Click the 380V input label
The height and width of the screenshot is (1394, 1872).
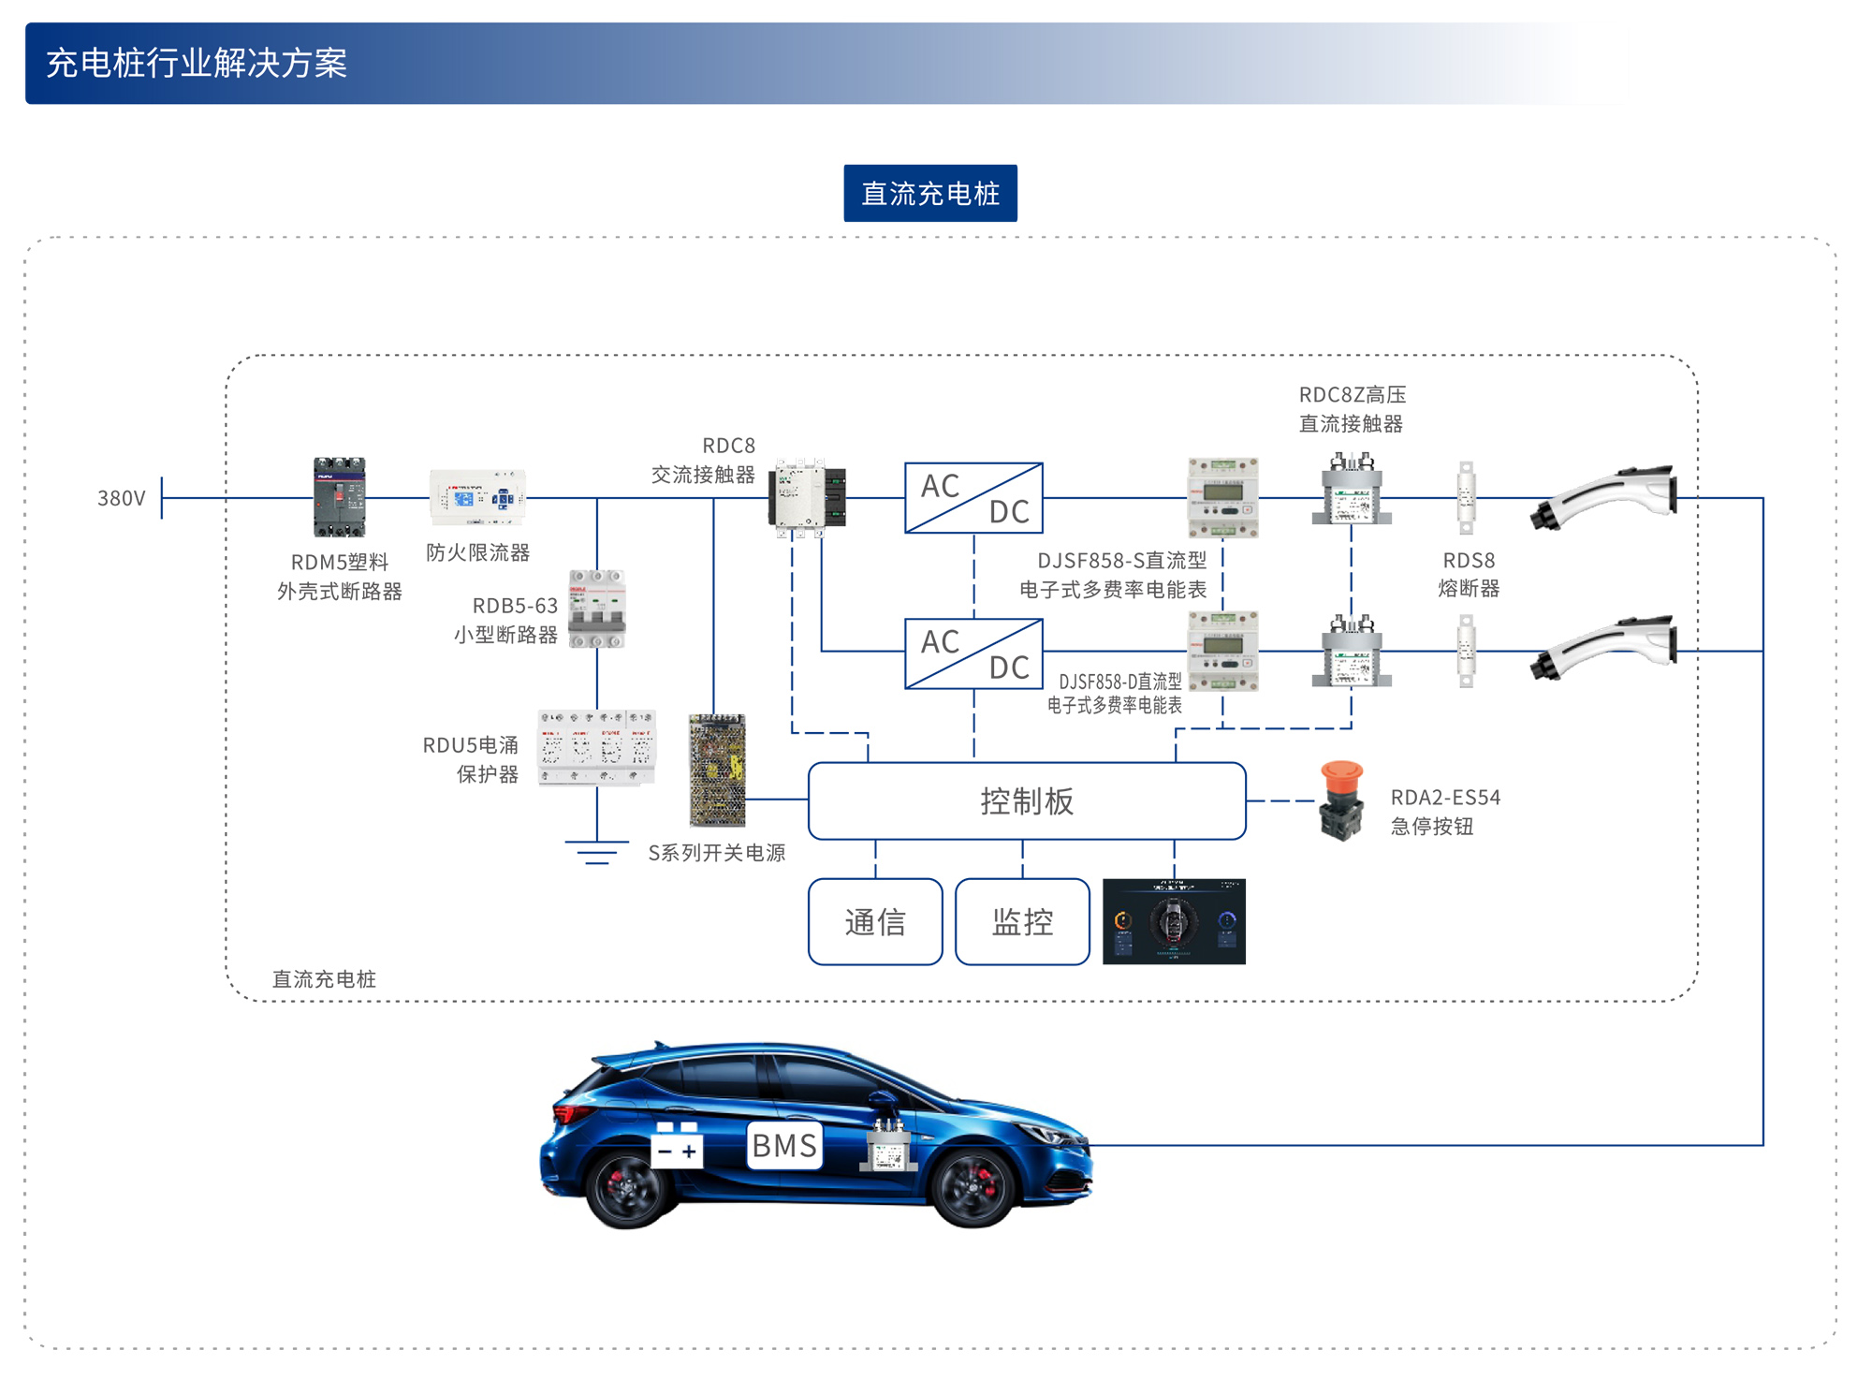pos(122,498)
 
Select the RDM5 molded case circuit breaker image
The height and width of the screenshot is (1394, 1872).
pos(339,497)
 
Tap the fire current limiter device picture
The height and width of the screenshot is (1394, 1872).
pos(477,497)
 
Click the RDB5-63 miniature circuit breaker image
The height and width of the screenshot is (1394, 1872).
pos(597,609)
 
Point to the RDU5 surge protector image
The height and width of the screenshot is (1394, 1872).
pos(596,748)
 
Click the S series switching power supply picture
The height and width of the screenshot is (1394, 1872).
pos(717,770)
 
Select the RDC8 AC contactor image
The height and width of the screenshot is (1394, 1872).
pos(807,497)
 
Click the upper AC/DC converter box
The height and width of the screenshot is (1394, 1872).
pos(973,498)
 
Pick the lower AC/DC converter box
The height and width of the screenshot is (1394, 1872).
pos(973,653)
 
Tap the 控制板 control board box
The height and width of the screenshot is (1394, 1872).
pos(1027,801)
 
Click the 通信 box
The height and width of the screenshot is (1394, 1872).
pos(875,922)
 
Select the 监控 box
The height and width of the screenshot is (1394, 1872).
pos(1022,922)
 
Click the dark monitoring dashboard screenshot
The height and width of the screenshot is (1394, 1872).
pos(1174,922)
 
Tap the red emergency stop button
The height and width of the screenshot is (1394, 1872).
pos(1341,800)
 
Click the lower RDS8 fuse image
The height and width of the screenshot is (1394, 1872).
pos(1466,651)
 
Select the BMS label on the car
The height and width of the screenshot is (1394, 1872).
pos(784,1145)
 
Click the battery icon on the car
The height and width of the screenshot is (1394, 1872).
pos(677,1146)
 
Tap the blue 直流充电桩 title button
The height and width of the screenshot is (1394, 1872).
pos(930,194)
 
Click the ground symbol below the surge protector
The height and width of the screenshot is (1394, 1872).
pos(596,852)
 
